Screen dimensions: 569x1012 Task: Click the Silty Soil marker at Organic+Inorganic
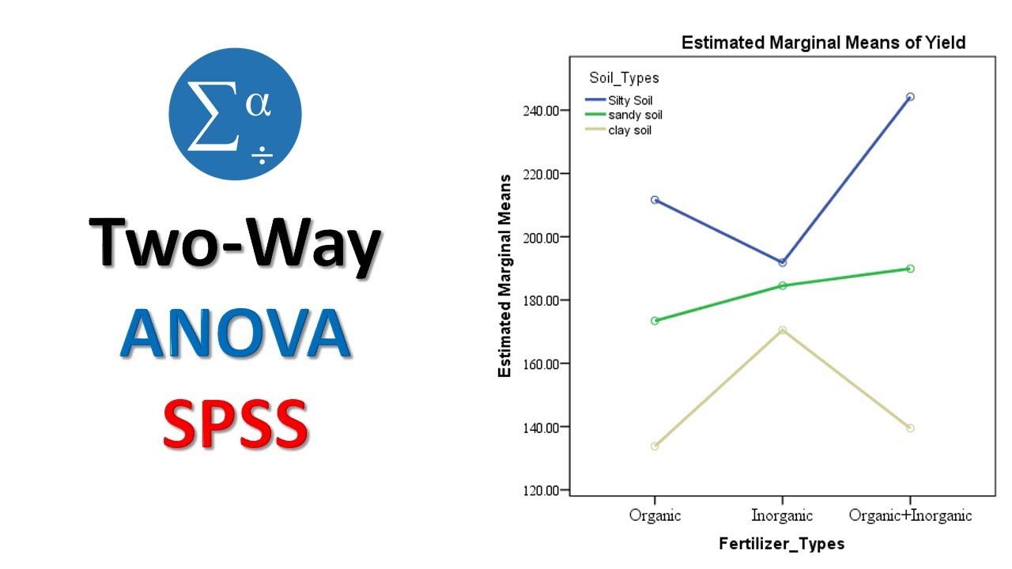910,96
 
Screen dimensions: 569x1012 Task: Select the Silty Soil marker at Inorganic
783,262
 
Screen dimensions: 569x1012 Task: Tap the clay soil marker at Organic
655,447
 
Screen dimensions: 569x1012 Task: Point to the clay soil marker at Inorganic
783,330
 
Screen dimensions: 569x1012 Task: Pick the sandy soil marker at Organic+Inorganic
910,269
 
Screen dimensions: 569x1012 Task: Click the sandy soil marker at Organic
655,321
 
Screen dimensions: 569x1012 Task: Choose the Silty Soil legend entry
629,100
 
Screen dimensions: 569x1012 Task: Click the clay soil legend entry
629,130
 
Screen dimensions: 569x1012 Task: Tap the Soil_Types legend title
624,78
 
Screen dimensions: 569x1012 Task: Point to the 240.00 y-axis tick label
542,111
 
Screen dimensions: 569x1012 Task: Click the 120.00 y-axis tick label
542,491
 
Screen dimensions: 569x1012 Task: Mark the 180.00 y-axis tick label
542,300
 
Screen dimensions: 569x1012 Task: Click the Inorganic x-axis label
782,516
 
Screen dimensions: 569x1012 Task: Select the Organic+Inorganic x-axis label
910,516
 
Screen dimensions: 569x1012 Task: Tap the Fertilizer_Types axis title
781,544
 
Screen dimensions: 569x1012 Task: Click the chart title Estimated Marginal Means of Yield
823,43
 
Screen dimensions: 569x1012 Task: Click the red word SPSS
235,424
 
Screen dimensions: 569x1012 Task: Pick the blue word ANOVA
235,334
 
